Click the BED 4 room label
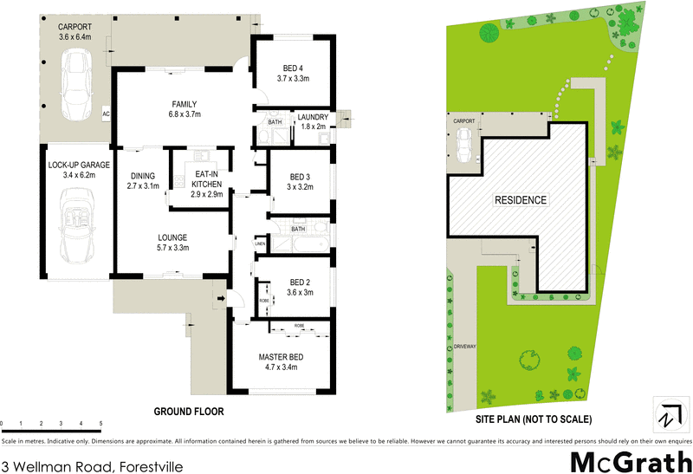(x=294, y=68)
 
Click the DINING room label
(x=144, y=175)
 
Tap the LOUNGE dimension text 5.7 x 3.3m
(x=172, y=248)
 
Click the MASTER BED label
(x=279, y=356)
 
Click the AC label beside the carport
(x=106, y=114)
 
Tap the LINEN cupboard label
(x=259, y=244)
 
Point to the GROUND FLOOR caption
(x=189, y=412)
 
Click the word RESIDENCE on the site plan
(x=521, y=200)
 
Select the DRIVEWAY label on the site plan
(x=465, y=347)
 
